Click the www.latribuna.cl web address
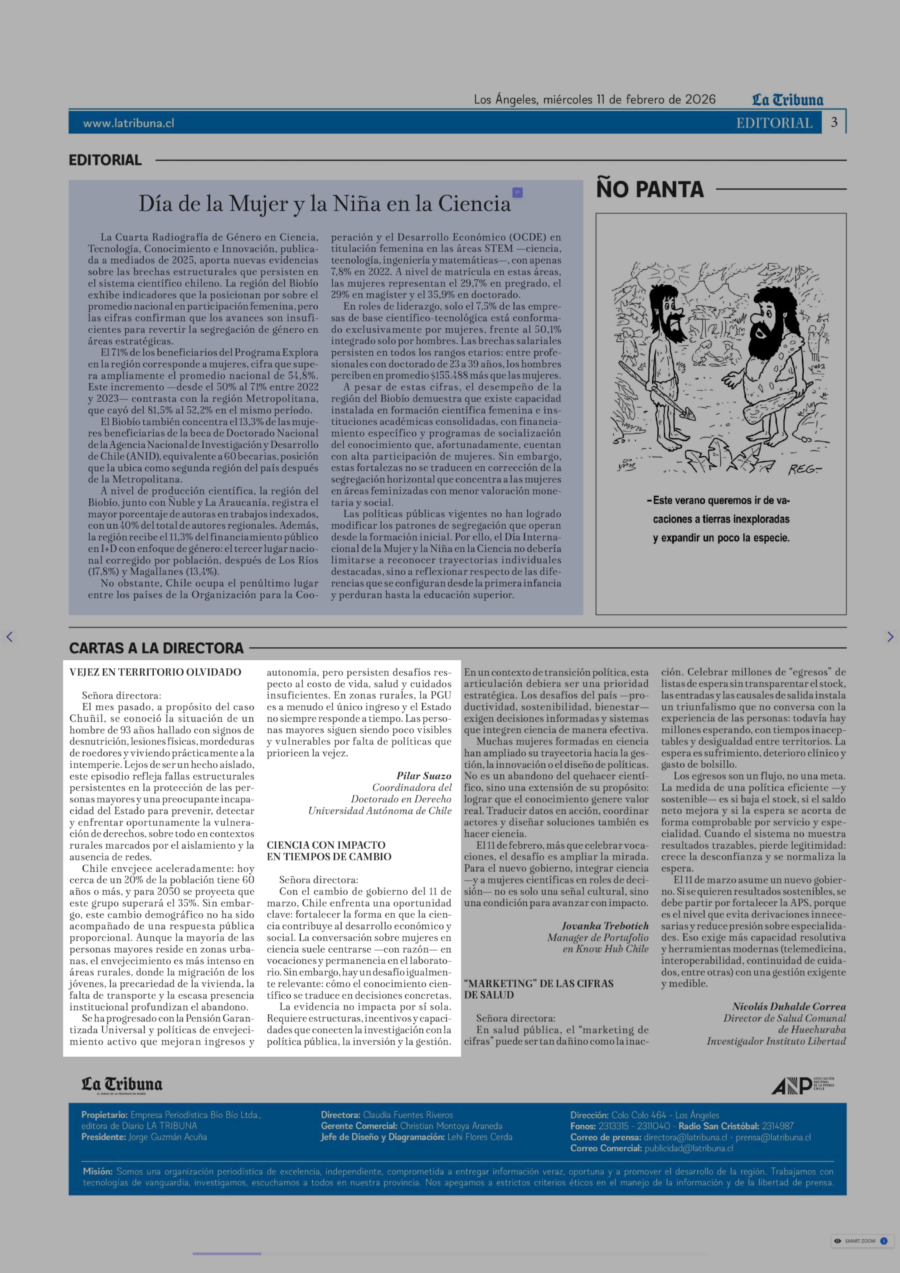pyautogui.click(x=129, y=123)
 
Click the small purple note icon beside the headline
pyautogui.click(x=518, y=192)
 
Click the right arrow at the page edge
pyautogui.click(x=890, y=637)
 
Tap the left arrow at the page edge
pyautogui.click(x=9, y=637)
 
